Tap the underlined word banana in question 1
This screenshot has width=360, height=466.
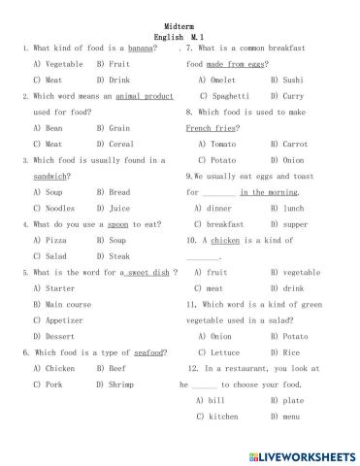[x=142, y=49]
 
